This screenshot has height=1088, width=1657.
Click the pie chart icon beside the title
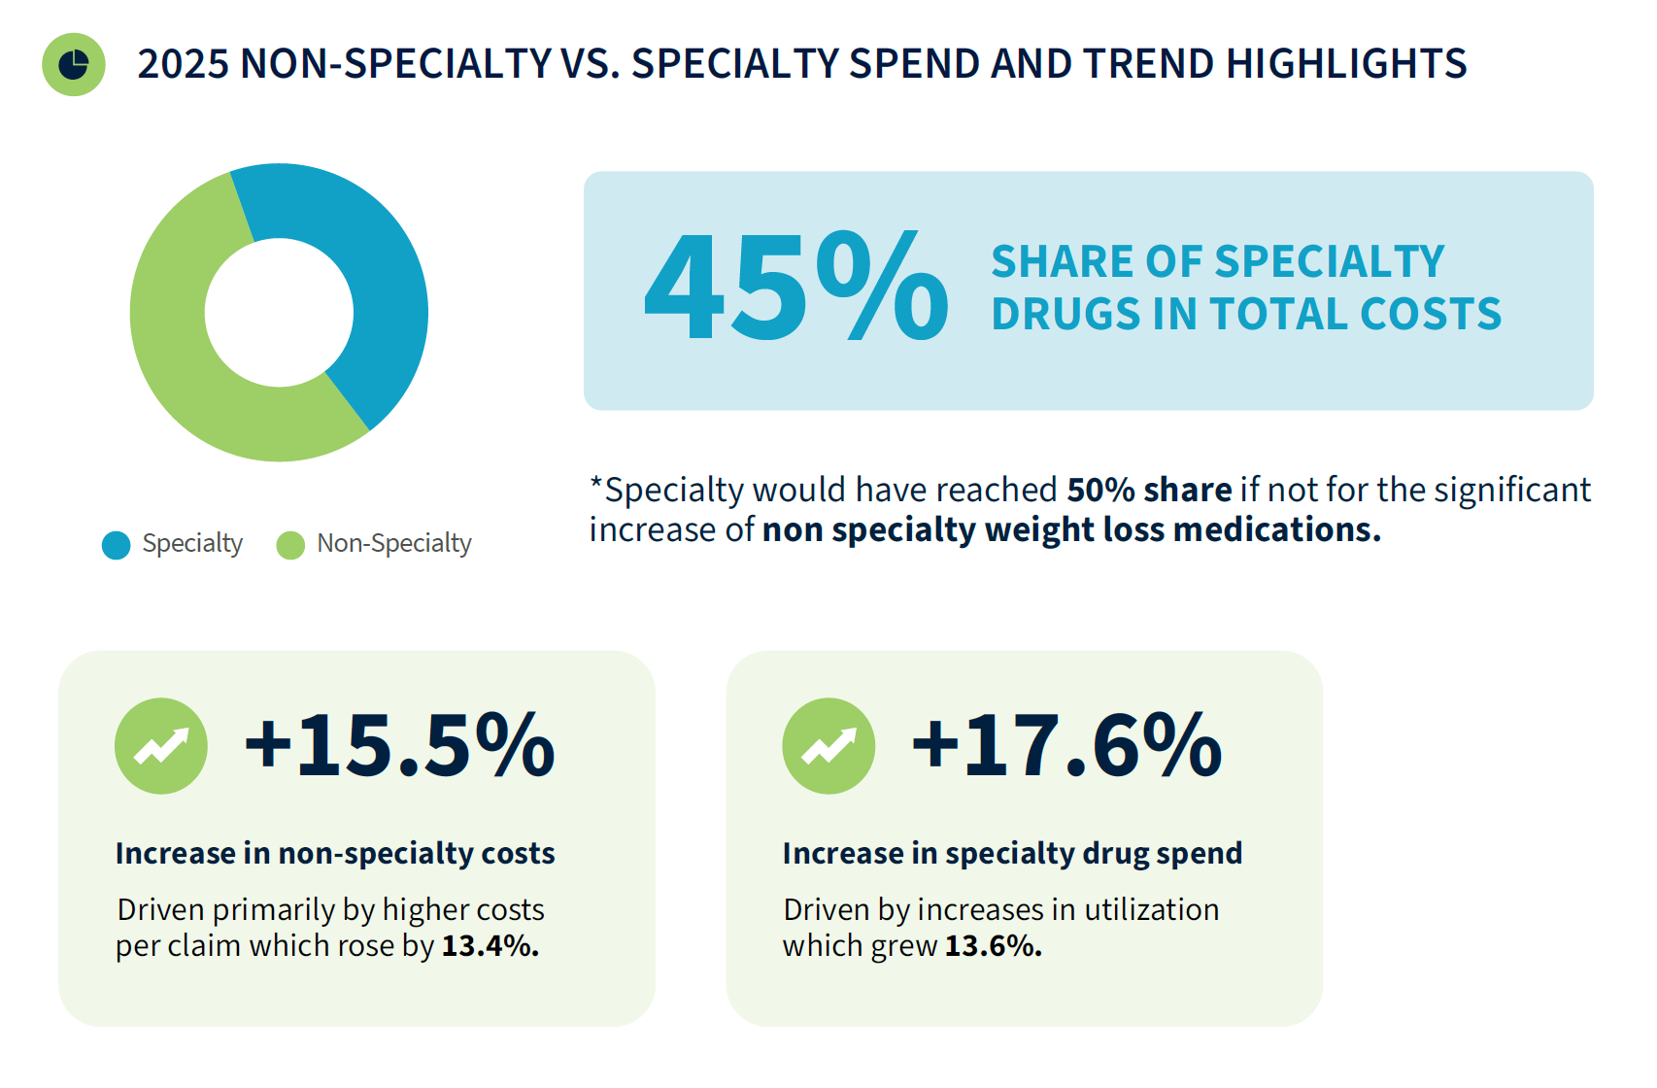pos(73,64)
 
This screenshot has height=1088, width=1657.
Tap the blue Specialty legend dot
pos(117,545)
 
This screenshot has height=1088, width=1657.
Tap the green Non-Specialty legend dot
pos(290,545)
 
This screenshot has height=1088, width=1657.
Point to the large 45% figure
pos(795,286)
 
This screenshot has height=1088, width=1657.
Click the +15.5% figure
pos(399,745)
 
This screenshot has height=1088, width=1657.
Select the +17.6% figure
pos(1066,745)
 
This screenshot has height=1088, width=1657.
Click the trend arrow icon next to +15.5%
pos(161,745)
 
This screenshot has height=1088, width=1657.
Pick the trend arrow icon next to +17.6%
pos(828,745)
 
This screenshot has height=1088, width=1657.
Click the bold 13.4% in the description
pos(490,946)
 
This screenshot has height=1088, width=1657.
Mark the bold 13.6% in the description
pos(994,946)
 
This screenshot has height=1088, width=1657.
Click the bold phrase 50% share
pos(1150,490)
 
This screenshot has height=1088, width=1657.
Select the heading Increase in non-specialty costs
pos(335,854)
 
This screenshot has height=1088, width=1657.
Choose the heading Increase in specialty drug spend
pos(1013,854)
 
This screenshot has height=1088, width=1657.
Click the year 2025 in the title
pos(183,63)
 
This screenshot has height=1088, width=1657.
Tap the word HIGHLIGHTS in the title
pos(1346,63)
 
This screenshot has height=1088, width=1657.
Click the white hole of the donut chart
pos(279,312)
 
